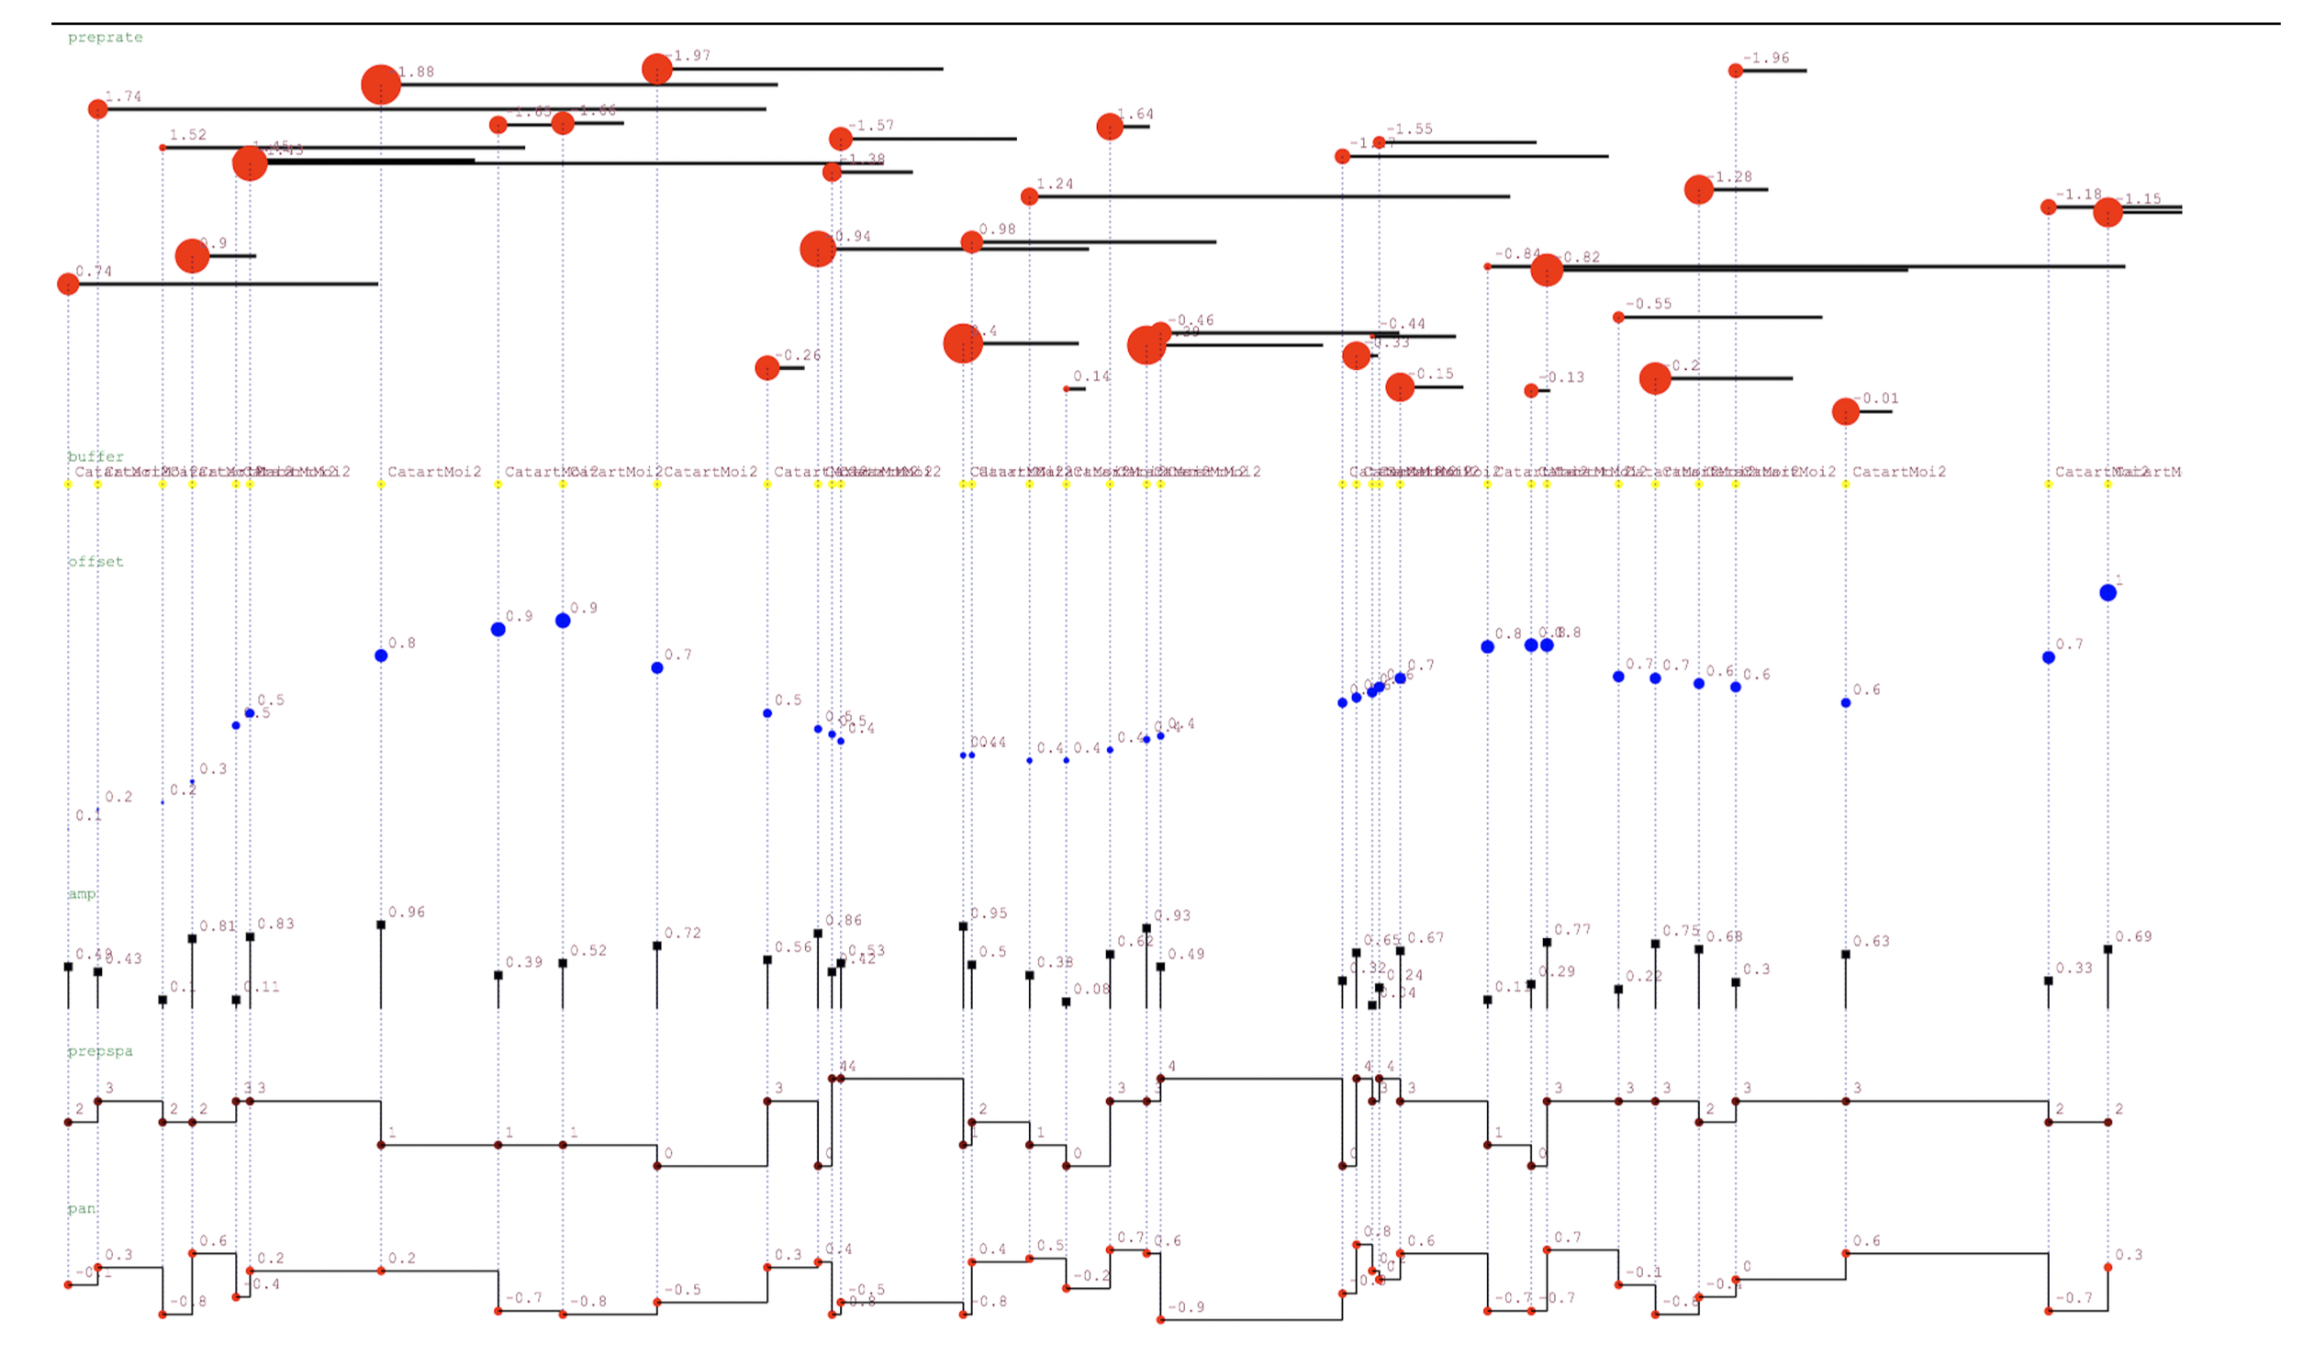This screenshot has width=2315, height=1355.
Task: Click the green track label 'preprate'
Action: pyautogui.click(x=105, y=38)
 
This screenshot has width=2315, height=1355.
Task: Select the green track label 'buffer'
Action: pyautogui.click(x=95, y=456)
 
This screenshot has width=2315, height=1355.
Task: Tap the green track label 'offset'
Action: pyautogui.click(x=95, y=561)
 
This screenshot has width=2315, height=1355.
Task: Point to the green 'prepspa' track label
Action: pyautogui.click(x=100, y=1051)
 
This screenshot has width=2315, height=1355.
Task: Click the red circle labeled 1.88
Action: pyautogui.click(x=381, y=84)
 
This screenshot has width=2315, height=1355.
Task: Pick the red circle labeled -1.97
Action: pyautogui.click(x=657, y=69)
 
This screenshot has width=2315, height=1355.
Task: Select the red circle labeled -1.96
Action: pyautogui.click(x=1735, y=71)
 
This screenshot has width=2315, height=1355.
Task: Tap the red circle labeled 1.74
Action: pyautogui.click(x=98, y=109)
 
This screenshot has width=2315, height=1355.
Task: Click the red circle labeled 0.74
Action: pyautogui.click(x=68, y=284)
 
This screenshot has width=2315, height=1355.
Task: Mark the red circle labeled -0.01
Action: pyautogui.click(x=1846, y=411)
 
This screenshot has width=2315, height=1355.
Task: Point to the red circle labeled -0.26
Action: pyautogui.click(x=767, y=368)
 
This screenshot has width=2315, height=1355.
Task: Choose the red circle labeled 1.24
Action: pyautogui.click(x=1030, y=196)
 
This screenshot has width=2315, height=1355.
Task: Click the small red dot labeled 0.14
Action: pyautogui.click(x=1067, y=389)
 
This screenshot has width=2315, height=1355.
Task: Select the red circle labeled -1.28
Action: pyautogui.click(x=1698, y=189)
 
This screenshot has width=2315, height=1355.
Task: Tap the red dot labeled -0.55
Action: pyautogui.click(x=1618, y=318)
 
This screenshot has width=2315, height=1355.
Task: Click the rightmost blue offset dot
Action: pyautogui.click(x=2108, y=593)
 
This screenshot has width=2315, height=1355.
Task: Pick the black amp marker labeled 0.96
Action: pyautogui.click(x=381, y=925)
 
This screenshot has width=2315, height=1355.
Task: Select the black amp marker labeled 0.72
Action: pyautogui.click(x=657, y=946)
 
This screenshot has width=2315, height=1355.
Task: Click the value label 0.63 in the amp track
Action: pyautogui.click(x=1872, y=942)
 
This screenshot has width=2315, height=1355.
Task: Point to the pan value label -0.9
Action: pyautogui.click(x=1186, y=1307)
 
